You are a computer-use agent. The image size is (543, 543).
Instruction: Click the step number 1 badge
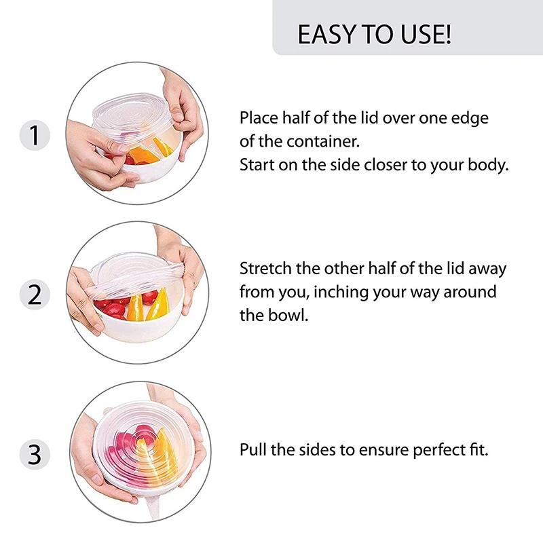point(35,135)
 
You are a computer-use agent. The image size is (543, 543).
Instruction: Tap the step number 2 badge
point(35,295)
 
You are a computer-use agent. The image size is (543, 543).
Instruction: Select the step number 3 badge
point(35,454)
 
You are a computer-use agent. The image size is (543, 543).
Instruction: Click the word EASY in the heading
point(327,35)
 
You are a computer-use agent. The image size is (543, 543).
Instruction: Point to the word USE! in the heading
point(426,35)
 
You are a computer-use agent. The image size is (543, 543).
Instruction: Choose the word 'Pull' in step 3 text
point(252,450)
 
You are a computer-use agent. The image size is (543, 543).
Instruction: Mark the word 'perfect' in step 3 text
point(439,450)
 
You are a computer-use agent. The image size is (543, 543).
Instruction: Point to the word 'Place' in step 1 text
point(259,117)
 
